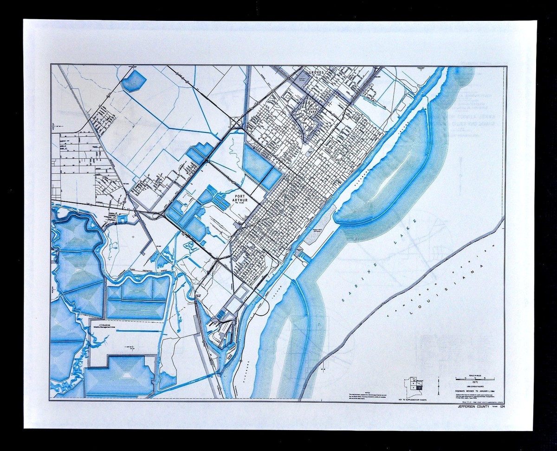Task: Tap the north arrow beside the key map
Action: click(439, 384)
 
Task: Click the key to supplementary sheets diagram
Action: click(414, 385)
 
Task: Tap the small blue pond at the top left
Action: click(135, 81)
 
